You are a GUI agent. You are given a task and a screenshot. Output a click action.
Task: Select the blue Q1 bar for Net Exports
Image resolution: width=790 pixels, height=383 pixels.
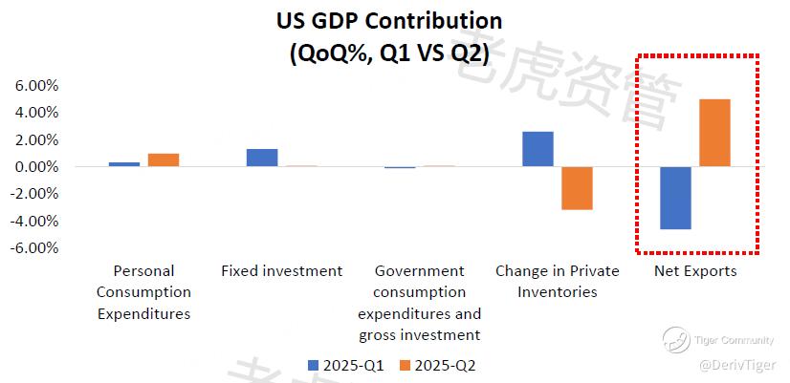675,198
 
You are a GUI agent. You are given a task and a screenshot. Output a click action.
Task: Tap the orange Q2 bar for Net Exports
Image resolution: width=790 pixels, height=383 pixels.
714,133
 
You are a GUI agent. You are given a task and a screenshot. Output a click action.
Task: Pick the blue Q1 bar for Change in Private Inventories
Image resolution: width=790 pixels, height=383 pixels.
538,149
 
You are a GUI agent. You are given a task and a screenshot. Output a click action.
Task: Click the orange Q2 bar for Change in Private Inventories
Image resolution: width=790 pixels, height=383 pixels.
577,188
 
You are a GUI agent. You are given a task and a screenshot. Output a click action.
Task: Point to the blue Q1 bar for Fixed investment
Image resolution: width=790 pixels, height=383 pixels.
262,158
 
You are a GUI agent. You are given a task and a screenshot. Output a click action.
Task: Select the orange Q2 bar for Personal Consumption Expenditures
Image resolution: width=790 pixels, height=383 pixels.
164,160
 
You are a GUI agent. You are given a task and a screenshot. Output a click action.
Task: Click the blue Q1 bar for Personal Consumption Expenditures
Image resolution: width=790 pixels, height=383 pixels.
124,164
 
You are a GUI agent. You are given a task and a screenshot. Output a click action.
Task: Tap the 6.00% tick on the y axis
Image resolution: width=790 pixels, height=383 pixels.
36,85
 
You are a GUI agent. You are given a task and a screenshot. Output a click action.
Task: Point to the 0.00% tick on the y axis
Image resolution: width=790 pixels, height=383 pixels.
36,167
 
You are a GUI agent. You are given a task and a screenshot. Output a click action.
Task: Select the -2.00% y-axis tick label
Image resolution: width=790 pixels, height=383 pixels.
34,194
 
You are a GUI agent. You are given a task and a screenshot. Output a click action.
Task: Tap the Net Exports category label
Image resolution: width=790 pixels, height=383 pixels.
695,271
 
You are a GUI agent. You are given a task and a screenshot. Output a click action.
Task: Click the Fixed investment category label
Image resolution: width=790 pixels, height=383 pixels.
281,271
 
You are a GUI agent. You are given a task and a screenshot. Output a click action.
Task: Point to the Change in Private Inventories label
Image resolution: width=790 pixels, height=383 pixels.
557,281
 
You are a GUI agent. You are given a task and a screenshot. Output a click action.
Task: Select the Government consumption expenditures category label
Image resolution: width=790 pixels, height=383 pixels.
419,303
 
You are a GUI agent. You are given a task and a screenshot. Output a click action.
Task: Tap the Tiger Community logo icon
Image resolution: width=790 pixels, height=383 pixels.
677,337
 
